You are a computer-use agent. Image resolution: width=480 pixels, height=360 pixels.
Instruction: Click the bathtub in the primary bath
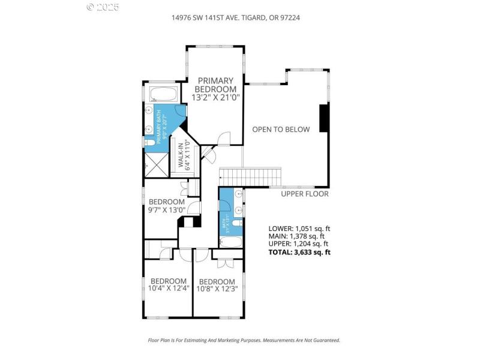point(162,95)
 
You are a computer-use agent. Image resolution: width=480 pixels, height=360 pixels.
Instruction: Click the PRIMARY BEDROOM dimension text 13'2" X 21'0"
point(215,97)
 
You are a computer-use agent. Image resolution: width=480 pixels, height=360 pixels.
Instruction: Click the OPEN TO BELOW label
point(281,129)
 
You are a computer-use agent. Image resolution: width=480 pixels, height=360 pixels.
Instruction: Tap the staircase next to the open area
point(251,177)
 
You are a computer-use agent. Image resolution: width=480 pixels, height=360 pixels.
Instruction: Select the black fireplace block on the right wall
point(324,118)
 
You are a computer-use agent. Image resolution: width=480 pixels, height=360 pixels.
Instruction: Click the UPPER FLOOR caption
point(305,194)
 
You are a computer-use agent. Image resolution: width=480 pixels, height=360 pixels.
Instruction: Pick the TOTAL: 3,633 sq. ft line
point(299,252)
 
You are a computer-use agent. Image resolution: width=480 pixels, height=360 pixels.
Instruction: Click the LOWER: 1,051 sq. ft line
point(299,229)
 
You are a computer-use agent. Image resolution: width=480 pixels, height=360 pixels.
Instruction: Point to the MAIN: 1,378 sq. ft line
point(298,236)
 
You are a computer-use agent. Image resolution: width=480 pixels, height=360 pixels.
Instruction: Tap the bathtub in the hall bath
point(230,242)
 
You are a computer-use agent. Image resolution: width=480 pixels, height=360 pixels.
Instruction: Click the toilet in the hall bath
point(237,223)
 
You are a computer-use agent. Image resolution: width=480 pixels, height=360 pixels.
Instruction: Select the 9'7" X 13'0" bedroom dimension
point(167,210)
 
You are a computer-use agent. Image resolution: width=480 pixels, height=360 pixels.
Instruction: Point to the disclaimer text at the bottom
point(244,340)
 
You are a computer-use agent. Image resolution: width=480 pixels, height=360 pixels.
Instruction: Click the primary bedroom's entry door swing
point(223,139)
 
